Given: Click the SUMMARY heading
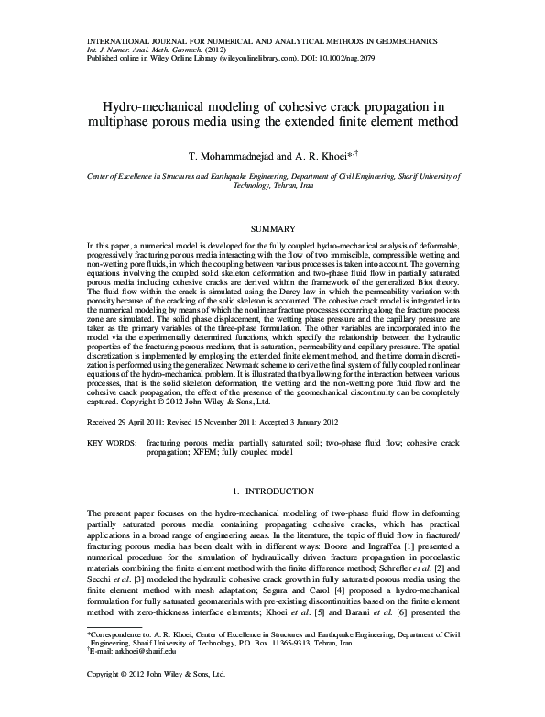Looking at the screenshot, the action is point(272,228).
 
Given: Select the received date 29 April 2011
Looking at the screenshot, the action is point(143,423).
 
